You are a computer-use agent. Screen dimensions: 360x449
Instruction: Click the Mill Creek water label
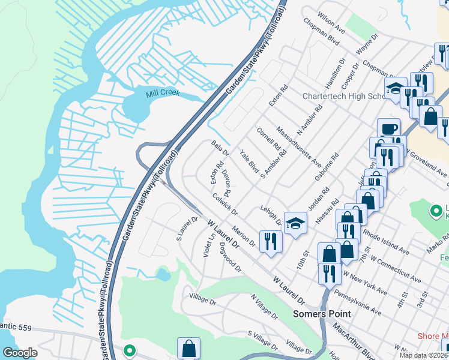[162, 94]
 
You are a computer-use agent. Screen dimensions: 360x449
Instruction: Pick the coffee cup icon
[388, 129]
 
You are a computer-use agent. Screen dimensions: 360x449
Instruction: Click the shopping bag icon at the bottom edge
[188, 348]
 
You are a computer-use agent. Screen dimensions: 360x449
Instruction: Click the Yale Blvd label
[249, 162]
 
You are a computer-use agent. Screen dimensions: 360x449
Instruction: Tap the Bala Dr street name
[220, 149]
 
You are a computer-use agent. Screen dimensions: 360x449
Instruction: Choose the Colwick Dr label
[225, 205]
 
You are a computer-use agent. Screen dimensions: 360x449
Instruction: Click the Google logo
[20, 353]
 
